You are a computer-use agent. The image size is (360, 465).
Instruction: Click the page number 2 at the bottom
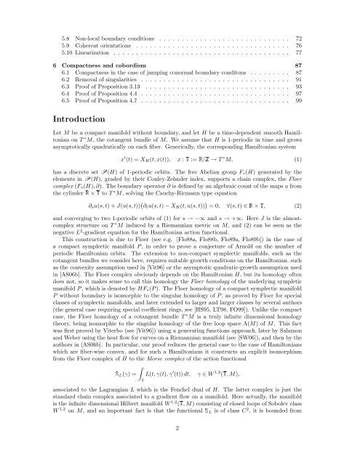(180, 449)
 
